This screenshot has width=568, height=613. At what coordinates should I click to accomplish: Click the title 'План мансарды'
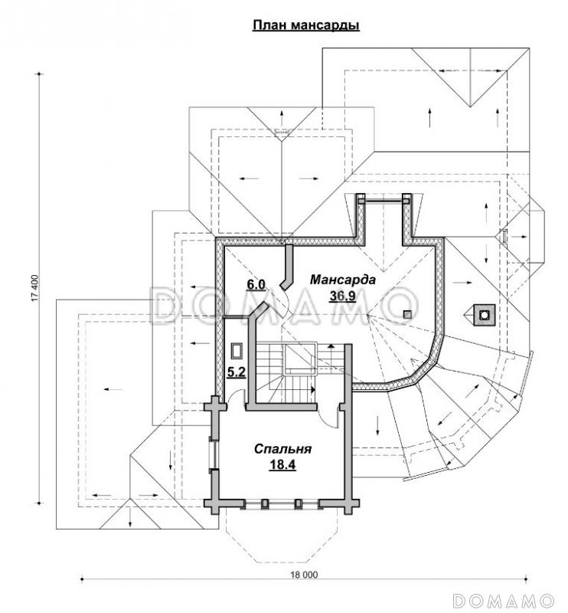click(306, 25)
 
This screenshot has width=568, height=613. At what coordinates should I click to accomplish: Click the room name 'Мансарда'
click(342, 280)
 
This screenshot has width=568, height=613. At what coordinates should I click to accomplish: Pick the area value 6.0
click(255, 285)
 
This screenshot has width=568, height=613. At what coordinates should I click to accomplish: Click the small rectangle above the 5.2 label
click(237, 350)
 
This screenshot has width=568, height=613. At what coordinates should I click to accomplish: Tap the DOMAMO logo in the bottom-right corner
click(502, 598)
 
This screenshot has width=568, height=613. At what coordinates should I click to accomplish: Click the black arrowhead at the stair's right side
click(315, 388)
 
